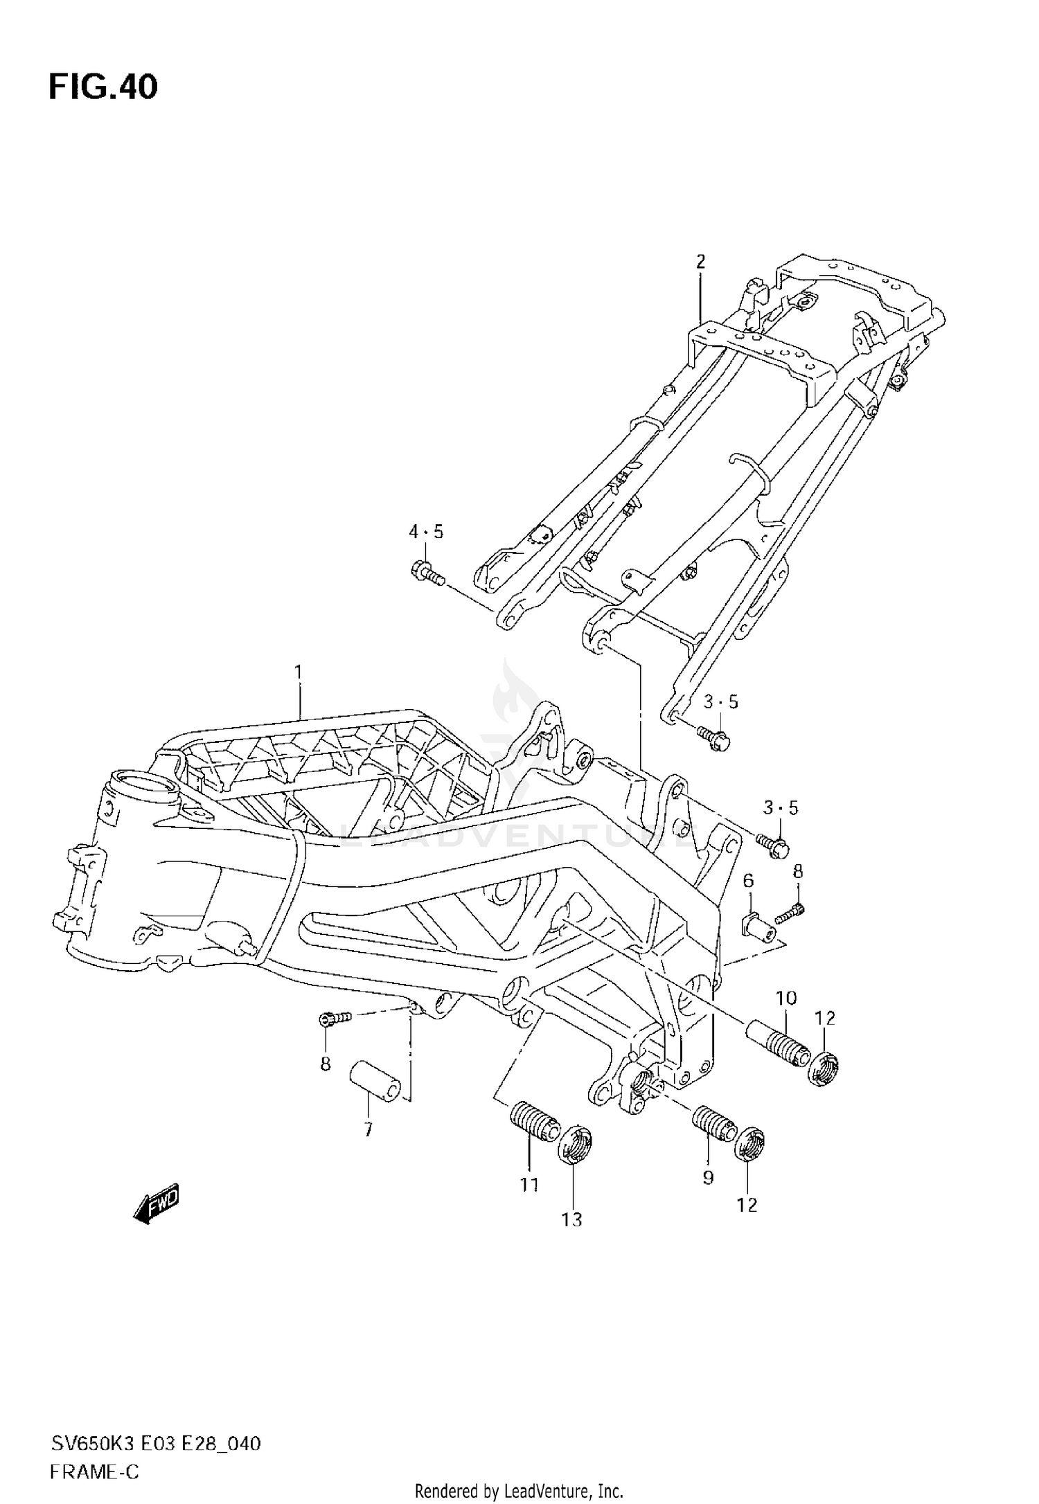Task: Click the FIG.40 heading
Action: coord(103,87)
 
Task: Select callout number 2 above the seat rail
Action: coord(700,262)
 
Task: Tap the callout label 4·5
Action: coord(425,532)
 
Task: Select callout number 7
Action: coord(368,1129)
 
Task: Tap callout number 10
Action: coord(785,998)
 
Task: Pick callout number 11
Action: coord(530,1185)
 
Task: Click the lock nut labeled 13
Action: coord(576,1146)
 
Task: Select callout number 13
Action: coord(572,1219)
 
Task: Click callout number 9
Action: coord(708,1177)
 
